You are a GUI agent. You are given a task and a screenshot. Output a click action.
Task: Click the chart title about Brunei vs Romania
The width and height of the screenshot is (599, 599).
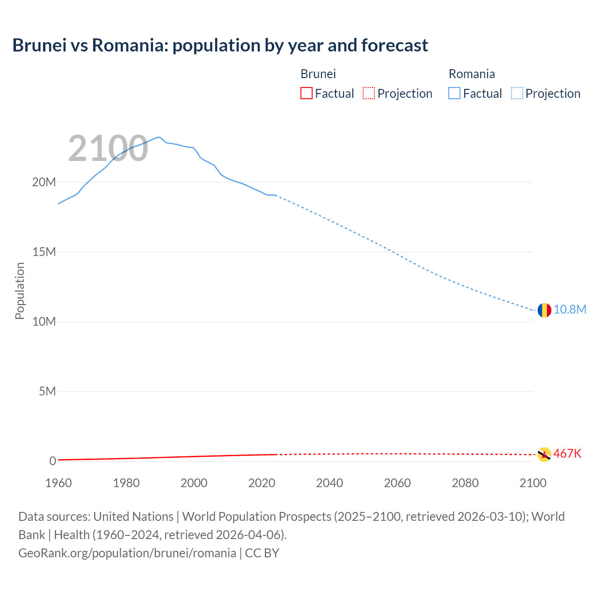pos(220,45)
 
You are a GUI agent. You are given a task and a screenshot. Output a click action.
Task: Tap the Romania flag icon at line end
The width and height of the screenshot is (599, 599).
pos(544,310)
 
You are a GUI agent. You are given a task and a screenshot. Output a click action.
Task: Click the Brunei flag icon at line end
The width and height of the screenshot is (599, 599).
pos(544,454)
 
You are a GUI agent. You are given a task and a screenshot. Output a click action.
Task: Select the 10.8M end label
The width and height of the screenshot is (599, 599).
pos(570,310)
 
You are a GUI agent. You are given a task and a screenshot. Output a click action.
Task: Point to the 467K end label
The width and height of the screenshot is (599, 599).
pos(567,453)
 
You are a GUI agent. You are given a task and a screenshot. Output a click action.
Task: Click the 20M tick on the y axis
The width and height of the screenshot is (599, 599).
pos(44,182)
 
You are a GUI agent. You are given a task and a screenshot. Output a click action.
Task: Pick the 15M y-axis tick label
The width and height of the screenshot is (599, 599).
pos(44,252)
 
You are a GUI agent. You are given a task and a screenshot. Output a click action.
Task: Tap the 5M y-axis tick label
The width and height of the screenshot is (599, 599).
pos(47,391)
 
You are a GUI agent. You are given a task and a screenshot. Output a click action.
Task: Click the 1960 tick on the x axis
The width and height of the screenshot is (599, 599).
pos(58,483)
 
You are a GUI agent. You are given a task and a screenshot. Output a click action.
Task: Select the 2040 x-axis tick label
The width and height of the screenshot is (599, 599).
pos(329,483)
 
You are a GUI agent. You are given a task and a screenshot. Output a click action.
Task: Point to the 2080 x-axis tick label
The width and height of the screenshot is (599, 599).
pos(465,483)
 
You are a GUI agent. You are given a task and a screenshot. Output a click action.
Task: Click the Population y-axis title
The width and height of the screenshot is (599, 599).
pos(20,291)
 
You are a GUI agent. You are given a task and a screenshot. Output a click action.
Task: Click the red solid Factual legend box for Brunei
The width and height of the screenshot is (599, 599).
pos(307,94)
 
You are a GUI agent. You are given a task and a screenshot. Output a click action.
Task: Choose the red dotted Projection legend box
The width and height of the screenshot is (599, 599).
pos(369,94)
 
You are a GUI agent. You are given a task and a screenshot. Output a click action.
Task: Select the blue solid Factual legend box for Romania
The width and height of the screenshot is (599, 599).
pos(454,94)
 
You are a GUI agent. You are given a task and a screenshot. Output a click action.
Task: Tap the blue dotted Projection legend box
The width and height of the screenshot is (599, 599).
pos(517,94)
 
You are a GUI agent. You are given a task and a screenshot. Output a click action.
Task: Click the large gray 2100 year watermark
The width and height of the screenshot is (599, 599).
pos(108,149)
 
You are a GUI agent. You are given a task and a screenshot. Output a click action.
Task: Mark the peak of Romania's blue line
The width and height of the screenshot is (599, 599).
pos(159,137)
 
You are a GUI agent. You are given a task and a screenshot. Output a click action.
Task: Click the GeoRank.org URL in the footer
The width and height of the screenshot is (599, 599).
pos(127,553)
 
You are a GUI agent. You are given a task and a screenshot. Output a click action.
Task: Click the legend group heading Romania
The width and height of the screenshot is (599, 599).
pos(472,74)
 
